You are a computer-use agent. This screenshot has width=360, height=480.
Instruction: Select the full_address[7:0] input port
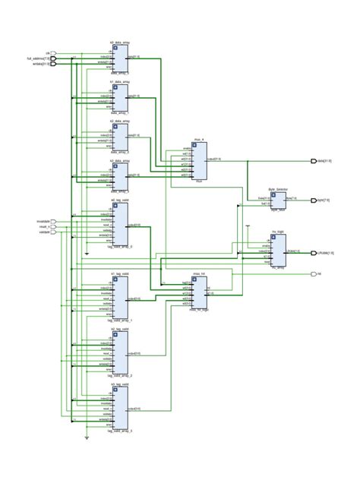pyautogui.click(x=53, y=58)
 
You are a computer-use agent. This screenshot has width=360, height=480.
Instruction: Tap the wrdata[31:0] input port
pyautogui.click(x=53, y=64)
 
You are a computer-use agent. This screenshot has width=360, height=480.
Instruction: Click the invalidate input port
pyautogui.click(x=53, y=221)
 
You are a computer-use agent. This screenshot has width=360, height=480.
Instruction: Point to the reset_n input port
pyautogui.click(x=53, y=226)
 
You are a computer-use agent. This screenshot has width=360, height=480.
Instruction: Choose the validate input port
pyautogui.click(x=53, y=232)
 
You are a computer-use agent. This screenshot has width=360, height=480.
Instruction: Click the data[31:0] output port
pyautogui.click(x=314, y=161)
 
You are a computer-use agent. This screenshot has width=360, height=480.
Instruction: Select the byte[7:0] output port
pyautogui.click(x=314, y=201)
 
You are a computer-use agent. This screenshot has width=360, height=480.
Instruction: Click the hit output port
pyautogui.click(x=314, y=273)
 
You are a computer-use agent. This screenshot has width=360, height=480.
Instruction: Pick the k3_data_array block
pyautogui.click(x=121, y=176)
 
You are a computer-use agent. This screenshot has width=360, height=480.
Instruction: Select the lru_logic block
pyautogui.click(x=278, y=251)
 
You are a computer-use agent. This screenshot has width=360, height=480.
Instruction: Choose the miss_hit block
pyautogui.click(x=200, y=292)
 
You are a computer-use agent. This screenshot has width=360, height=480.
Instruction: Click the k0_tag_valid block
pyautogui.click(x=121, y=224)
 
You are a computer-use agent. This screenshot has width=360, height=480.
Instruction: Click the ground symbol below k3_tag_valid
pyautogui.click(x=87, y=438)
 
